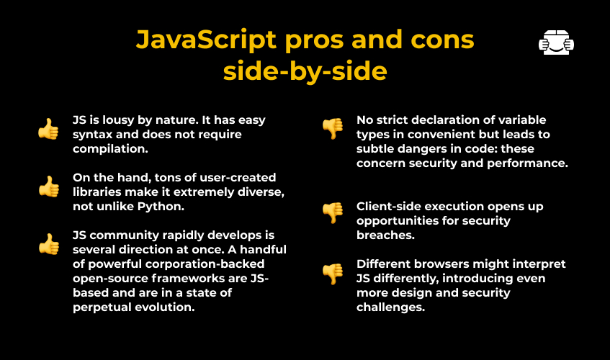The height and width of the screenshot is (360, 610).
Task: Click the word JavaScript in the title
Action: click(206, 40)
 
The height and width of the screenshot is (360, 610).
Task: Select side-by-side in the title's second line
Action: click(305, 71)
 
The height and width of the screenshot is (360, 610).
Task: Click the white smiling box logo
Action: click(556, 42)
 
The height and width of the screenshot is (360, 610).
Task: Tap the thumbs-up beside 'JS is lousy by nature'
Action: click(49, 129)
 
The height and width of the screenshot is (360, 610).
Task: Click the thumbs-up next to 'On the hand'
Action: click(49, 186)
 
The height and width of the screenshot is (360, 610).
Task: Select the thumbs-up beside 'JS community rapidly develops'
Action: click(49, 244)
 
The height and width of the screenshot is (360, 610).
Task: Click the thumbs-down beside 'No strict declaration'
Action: click(333, 128)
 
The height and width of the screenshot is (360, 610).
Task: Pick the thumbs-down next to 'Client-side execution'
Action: click(333, 212)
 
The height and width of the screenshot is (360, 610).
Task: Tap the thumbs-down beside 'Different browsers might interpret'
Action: click(333, 274)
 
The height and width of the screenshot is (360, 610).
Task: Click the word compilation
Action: click(110, 149)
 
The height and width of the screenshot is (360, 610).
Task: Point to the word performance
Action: click(527, 163)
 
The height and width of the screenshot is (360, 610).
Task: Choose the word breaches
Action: click(385, 235)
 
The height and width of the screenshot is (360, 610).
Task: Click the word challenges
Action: click(390, 307)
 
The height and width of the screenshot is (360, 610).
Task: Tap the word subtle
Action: click(375, 149)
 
